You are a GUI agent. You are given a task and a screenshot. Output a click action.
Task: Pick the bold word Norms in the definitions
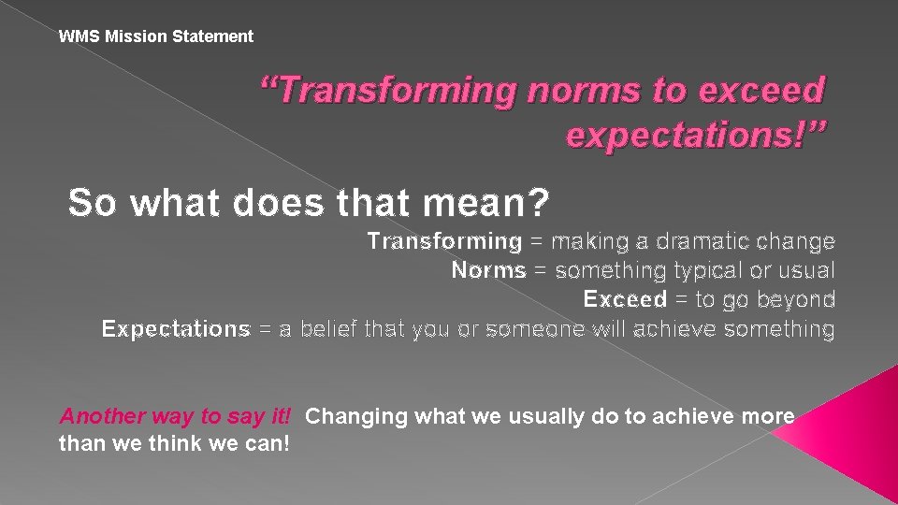point(488,270)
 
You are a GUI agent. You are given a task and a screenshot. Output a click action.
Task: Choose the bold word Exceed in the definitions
point(625,299)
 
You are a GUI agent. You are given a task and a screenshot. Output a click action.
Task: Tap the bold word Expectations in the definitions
point(176,329)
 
